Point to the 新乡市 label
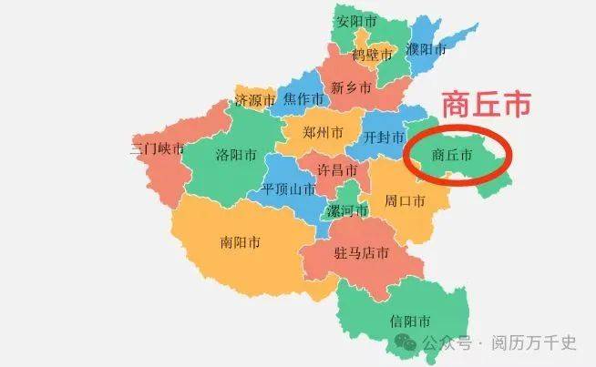point(351,88)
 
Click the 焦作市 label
point(303,98)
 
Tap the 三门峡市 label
point(158,148)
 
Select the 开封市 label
point(385,138)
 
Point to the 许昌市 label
point(337,170)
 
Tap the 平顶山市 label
point(288,189)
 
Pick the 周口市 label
point(406,199)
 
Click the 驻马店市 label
point(363,251)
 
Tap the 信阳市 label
point(409,321)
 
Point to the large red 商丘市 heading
point(486,105)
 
